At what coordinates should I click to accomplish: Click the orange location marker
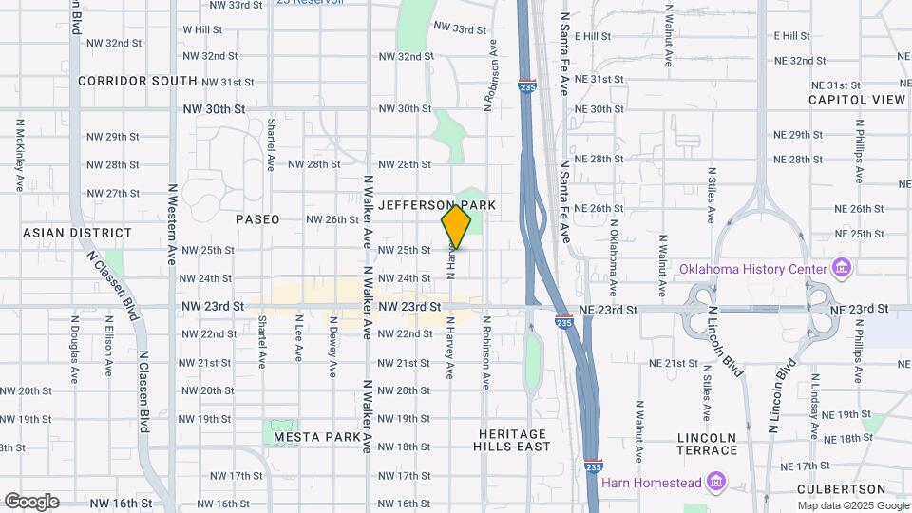pos(456,227)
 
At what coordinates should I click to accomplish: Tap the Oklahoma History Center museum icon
pos(840,269)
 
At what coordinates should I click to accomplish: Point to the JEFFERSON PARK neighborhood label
pos(437,205)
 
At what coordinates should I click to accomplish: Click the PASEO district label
pos(257,219)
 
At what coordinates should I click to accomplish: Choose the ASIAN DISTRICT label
pos(78,233)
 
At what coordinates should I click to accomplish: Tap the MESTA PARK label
pos(317,437)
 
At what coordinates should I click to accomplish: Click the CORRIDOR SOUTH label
pos(138,81)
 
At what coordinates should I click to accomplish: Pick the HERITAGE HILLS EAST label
pos(514,440)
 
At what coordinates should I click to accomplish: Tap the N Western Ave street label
pos(173,237)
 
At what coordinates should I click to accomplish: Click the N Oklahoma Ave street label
pos(614,256)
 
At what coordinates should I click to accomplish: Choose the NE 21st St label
pos(674,364)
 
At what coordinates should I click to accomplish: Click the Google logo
pos(31,502)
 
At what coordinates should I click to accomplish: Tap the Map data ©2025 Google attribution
pos(852,505)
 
